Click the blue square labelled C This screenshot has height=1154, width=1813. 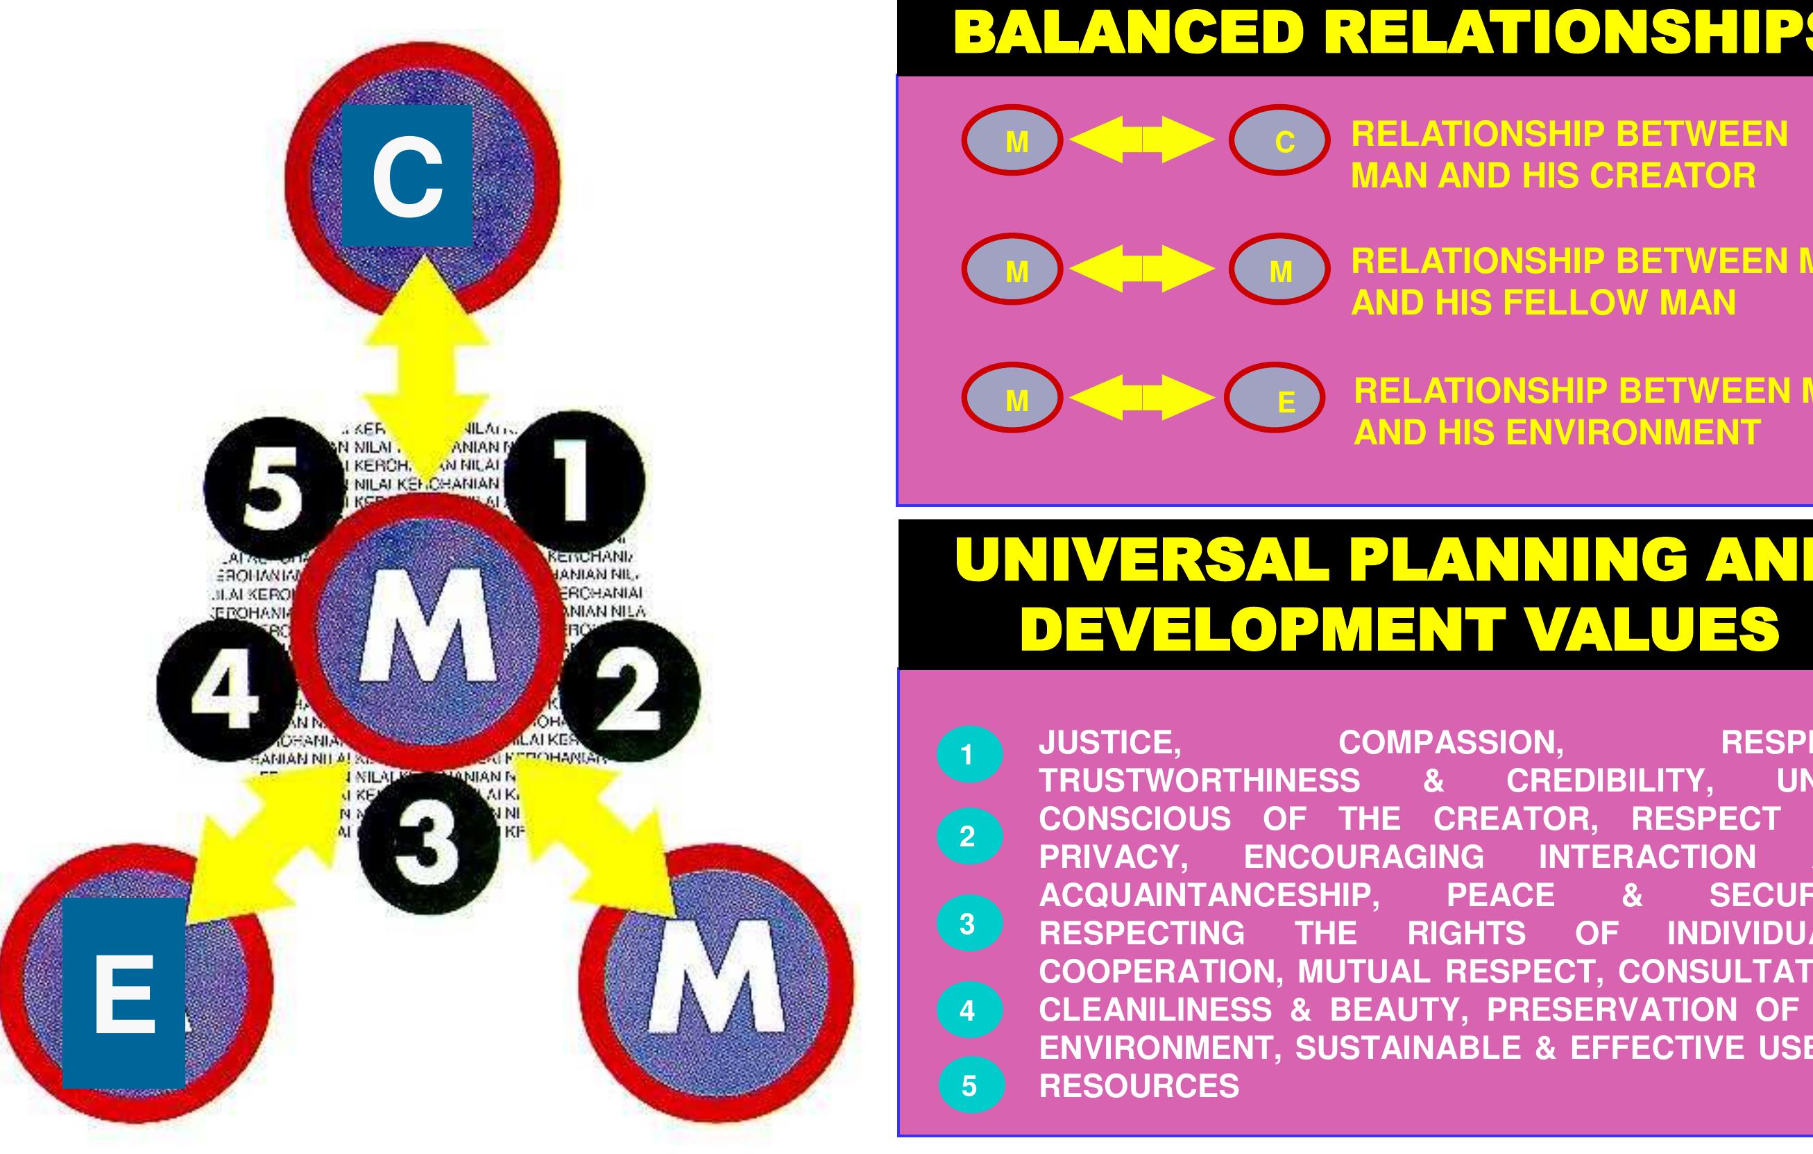tap(407, 176)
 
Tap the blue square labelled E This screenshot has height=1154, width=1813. tap(124, 992)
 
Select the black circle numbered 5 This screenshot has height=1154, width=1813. tap(273, 489)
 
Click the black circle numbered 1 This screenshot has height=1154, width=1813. tap(574, 481)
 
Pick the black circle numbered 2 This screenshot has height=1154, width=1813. tap(629, 690)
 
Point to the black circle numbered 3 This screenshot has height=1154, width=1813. tap(428, 842)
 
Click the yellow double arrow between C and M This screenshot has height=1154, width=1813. tap(426, 362)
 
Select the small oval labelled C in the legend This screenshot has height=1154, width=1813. tap(1279, 141)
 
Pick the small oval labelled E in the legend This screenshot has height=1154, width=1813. tap(1275, 398)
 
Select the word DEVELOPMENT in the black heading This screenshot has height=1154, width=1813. tap(1262, 628)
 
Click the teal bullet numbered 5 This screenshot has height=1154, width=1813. tap(971, 1085)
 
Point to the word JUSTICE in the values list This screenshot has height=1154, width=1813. tap(1109, 743)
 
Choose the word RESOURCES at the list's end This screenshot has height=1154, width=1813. tap(1139, 1085)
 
